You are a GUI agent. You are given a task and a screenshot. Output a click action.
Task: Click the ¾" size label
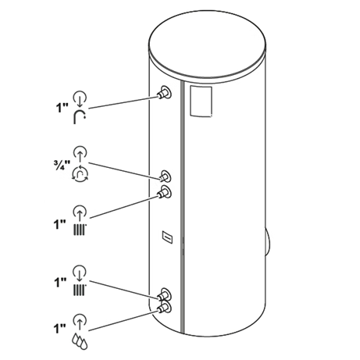pos(62,166)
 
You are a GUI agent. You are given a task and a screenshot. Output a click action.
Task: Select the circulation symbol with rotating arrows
pos(80,173)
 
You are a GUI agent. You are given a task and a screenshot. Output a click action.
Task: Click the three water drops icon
pos(80,340)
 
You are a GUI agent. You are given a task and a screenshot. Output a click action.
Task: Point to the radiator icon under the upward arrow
pos(80,229)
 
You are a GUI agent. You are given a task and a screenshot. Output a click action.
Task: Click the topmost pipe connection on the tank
pos(164,93)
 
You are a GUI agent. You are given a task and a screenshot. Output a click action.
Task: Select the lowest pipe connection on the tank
pos(164,308)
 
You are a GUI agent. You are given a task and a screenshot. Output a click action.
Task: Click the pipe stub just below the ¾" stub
pos(164,192)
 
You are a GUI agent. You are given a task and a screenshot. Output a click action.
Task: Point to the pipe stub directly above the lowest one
pos(164,294)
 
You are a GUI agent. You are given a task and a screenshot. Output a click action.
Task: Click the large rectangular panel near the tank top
pos(201,101)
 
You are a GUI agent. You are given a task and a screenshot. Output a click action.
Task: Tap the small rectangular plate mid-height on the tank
pos(167,237)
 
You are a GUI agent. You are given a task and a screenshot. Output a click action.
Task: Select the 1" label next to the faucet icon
pos(62,108)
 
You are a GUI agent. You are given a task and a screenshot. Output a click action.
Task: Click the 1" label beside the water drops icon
pos(60,329)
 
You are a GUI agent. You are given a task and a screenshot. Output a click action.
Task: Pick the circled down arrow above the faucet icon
pos(80,98)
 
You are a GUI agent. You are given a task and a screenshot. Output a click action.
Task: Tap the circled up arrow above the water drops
pos(80,321)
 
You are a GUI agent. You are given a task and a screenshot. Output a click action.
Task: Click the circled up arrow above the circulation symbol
pos(80,153)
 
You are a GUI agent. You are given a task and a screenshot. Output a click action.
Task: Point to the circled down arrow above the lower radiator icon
pos(80,273)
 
